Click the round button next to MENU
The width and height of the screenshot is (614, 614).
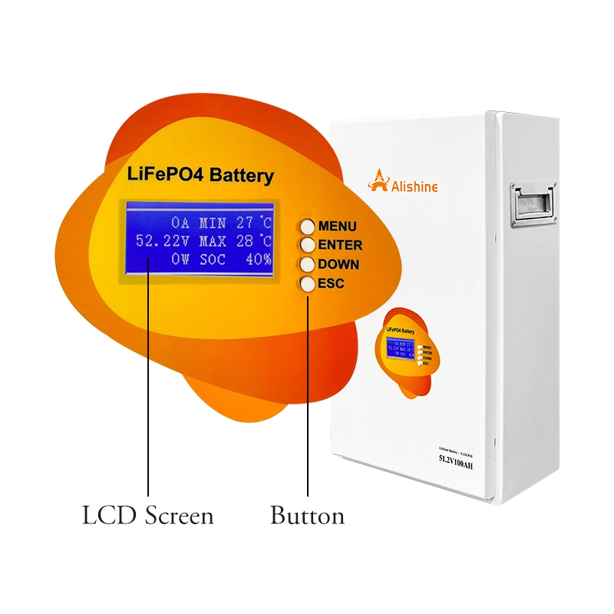[308, 226]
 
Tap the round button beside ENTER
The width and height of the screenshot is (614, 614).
[308, 246]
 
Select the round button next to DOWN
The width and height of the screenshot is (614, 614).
[308, 265]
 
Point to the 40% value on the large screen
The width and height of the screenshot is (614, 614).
[259, 259]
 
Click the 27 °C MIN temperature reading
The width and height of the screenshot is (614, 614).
[253, 223]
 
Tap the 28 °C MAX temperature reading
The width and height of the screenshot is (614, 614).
[253, 241]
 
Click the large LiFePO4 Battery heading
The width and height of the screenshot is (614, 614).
[199, 175]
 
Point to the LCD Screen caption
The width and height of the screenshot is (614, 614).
[148, 516]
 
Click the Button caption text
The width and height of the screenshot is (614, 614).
[307, 516]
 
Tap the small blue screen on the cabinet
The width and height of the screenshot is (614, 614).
[399, 348]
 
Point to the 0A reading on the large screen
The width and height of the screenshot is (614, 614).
[180, 223]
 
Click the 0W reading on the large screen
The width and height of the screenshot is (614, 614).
[180, 259]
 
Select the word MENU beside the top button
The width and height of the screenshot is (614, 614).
[337, 226]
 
